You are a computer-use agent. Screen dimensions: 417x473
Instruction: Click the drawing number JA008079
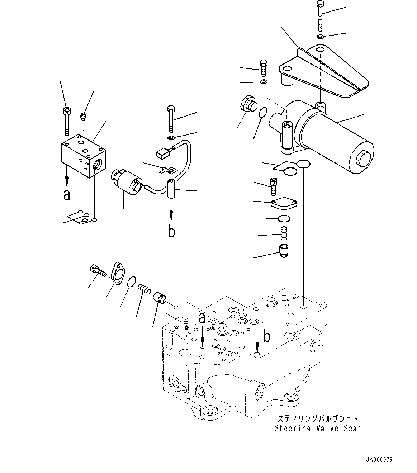(x=379, y=459)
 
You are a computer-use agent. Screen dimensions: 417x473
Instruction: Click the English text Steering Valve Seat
(x=318, y=429)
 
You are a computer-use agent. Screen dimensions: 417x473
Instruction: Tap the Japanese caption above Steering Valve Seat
(x=318, y=418)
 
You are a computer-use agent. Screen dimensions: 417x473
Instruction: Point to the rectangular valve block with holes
(x=84, y=156)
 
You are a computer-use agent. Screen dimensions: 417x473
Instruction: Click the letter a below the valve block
(x=67, y=195)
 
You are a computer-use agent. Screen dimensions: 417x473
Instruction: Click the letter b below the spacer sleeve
(x=171, y=231)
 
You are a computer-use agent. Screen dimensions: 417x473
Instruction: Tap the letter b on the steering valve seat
(x=267, y=336)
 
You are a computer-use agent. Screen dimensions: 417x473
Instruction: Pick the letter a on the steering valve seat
(x=202, y=318)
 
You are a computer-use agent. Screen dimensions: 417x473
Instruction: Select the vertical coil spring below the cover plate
(x=284, y=233)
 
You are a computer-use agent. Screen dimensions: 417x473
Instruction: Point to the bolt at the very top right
(x=320, y=9)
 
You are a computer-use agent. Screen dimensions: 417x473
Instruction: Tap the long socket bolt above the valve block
(x=67, y=121)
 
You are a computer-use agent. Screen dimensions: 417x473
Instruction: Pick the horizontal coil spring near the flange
(x=144, y=289)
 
